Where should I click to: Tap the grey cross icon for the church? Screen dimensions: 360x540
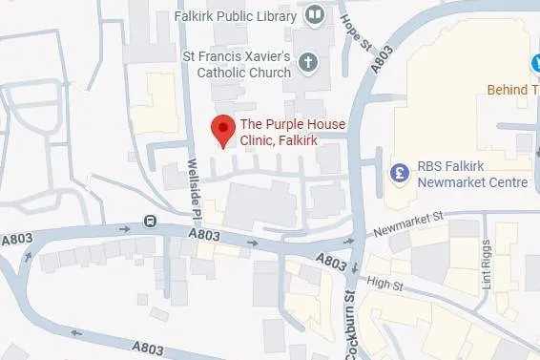[x=307, y=63]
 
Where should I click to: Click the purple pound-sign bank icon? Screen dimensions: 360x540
[x=401, y=173]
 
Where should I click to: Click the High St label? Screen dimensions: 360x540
[x=384, y=283]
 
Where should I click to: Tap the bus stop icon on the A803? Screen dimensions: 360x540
[x=151, y=222]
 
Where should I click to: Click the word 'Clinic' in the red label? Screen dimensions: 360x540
[x=257, y=141]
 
